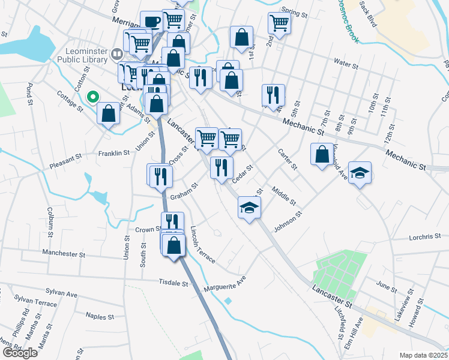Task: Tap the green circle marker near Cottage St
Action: [x=92, y=96]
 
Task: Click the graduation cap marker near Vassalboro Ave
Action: [x=360, y=173]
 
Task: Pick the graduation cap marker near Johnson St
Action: [x=250, y=208]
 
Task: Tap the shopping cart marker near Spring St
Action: [x=279, y=23]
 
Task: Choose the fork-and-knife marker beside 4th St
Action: [x=273, y=94]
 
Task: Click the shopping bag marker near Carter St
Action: [x=322, y=154]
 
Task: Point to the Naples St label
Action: [x=100, y=316]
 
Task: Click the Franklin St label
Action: [x=114, y=153]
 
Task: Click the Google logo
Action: [x=20, y=352]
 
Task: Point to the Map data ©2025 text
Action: [x=423, y=355]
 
